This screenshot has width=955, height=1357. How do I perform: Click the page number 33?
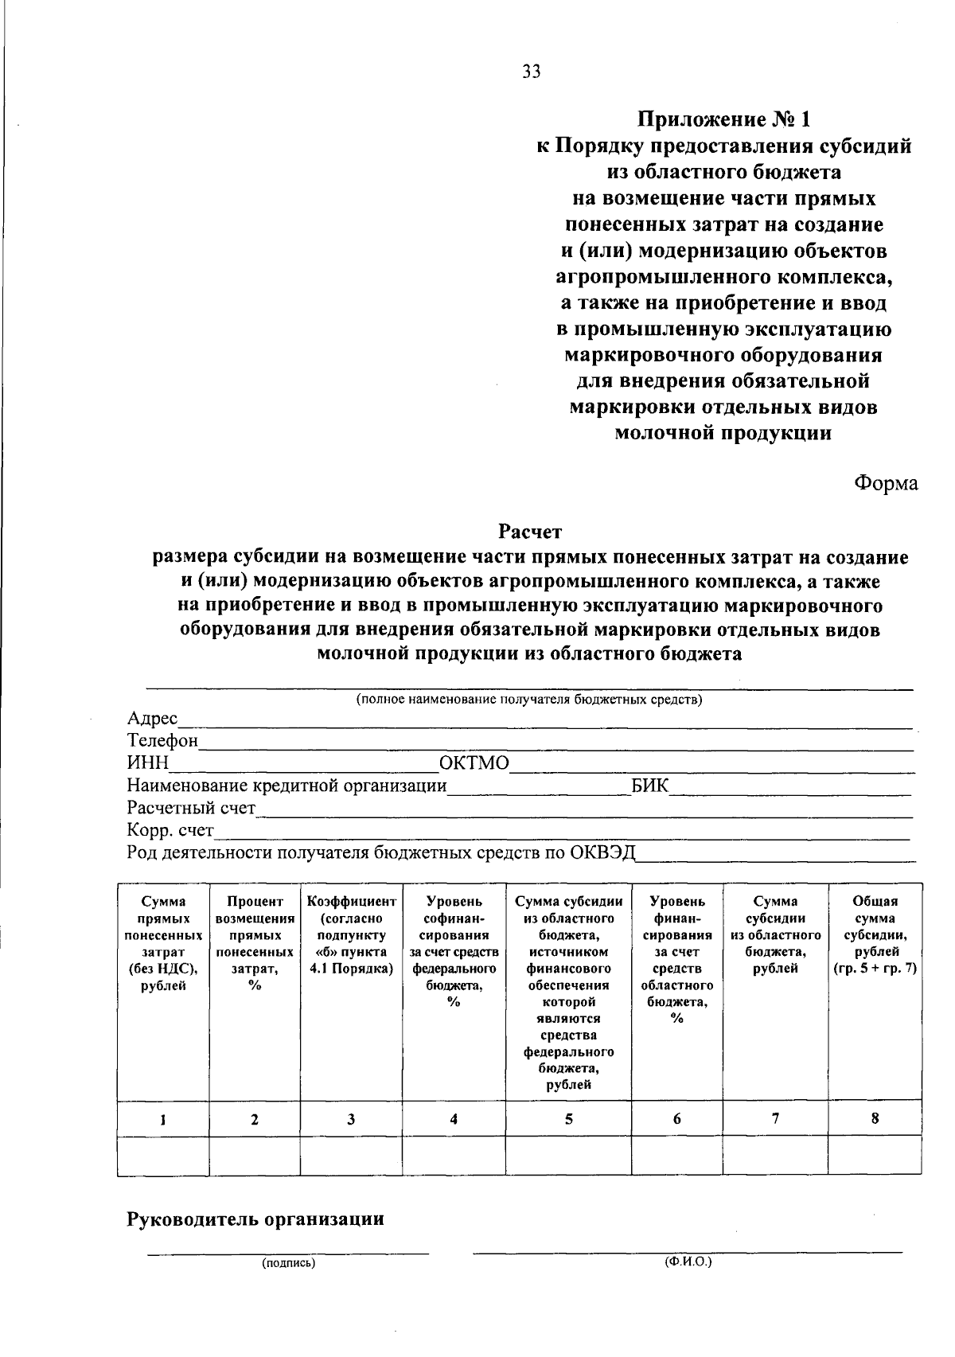(x=532, y=72)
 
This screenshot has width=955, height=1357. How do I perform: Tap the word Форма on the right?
(x=886, y=483)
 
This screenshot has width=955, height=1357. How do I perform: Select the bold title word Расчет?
(x=530, y=530)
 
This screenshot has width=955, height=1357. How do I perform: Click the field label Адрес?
(x=153, y=719)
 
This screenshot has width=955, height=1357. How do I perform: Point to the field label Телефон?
(x=162, y=741)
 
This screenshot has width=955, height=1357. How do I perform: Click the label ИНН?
(x=148, y=763)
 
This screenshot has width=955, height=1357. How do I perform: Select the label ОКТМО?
(x=474, y=763)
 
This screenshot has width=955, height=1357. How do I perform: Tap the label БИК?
(x=649, y=786)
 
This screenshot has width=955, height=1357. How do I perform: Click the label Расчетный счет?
(x=191, y=808)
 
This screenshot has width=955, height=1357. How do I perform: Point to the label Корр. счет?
(x=170, y=830)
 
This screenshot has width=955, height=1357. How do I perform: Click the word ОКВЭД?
(x=603, y=852)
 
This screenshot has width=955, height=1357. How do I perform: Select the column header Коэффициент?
(x=351, y=902)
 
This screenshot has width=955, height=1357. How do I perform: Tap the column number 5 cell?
(x=568, y=1119)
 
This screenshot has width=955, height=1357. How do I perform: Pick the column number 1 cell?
(x=162, y=1119)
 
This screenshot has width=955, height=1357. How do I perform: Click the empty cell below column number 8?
(x=875, y=1156)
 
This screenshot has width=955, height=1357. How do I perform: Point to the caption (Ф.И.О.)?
(x=688, y=1262)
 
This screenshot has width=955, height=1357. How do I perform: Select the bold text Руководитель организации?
(x=255, y=1219)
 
